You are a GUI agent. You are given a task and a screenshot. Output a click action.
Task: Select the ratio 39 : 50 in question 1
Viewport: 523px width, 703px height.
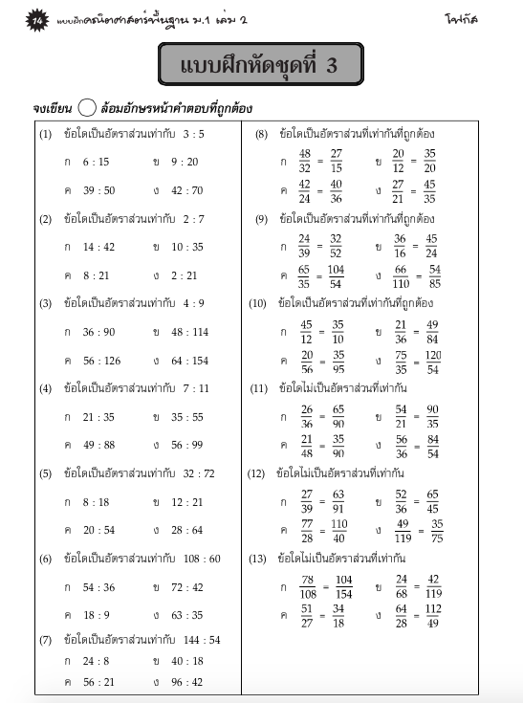click(x=98, y=190)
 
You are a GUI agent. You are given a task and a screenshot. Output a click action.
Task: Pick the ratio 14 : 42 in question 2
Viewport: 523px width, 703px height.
click(x=98, y=246)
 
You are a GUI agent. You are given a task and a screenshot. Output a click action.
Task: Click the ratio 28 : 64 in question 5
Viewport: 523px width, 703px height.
click(x=187, y=530)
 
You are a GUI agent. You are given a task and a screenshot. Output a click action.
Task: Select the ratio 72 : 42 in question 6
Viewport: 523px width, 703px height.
click(x=187, y=586)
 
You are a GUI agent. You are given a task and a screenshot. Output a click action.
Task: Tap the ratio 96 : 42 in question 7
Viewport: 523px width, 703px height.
click(x=187, y=682)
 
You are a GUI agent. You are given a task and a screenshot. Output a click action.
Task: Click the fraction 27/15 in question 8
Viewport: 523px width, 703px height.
click(x=337, y=161)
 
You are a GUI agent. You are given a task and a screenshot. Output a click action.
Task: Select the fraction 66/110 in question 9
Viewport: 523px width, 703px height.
click(x=401, y=277)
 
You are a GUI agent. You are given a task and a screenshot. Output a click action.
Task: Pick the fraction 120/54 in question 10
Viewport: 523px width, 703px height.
click(x=433, y=362)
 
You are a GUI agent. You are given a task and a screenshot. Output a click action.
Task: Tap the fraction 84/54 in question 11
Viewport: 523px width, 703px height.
click(x=432, y=448)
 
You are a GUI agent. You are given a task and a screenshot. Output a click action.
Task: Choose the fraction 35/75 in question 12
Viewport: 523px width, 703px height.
click(x=436, y=531)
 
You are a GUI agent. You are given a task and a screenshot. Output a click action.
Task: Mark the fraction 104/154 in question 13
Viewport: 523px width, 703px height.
click(x=344, y=587)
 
